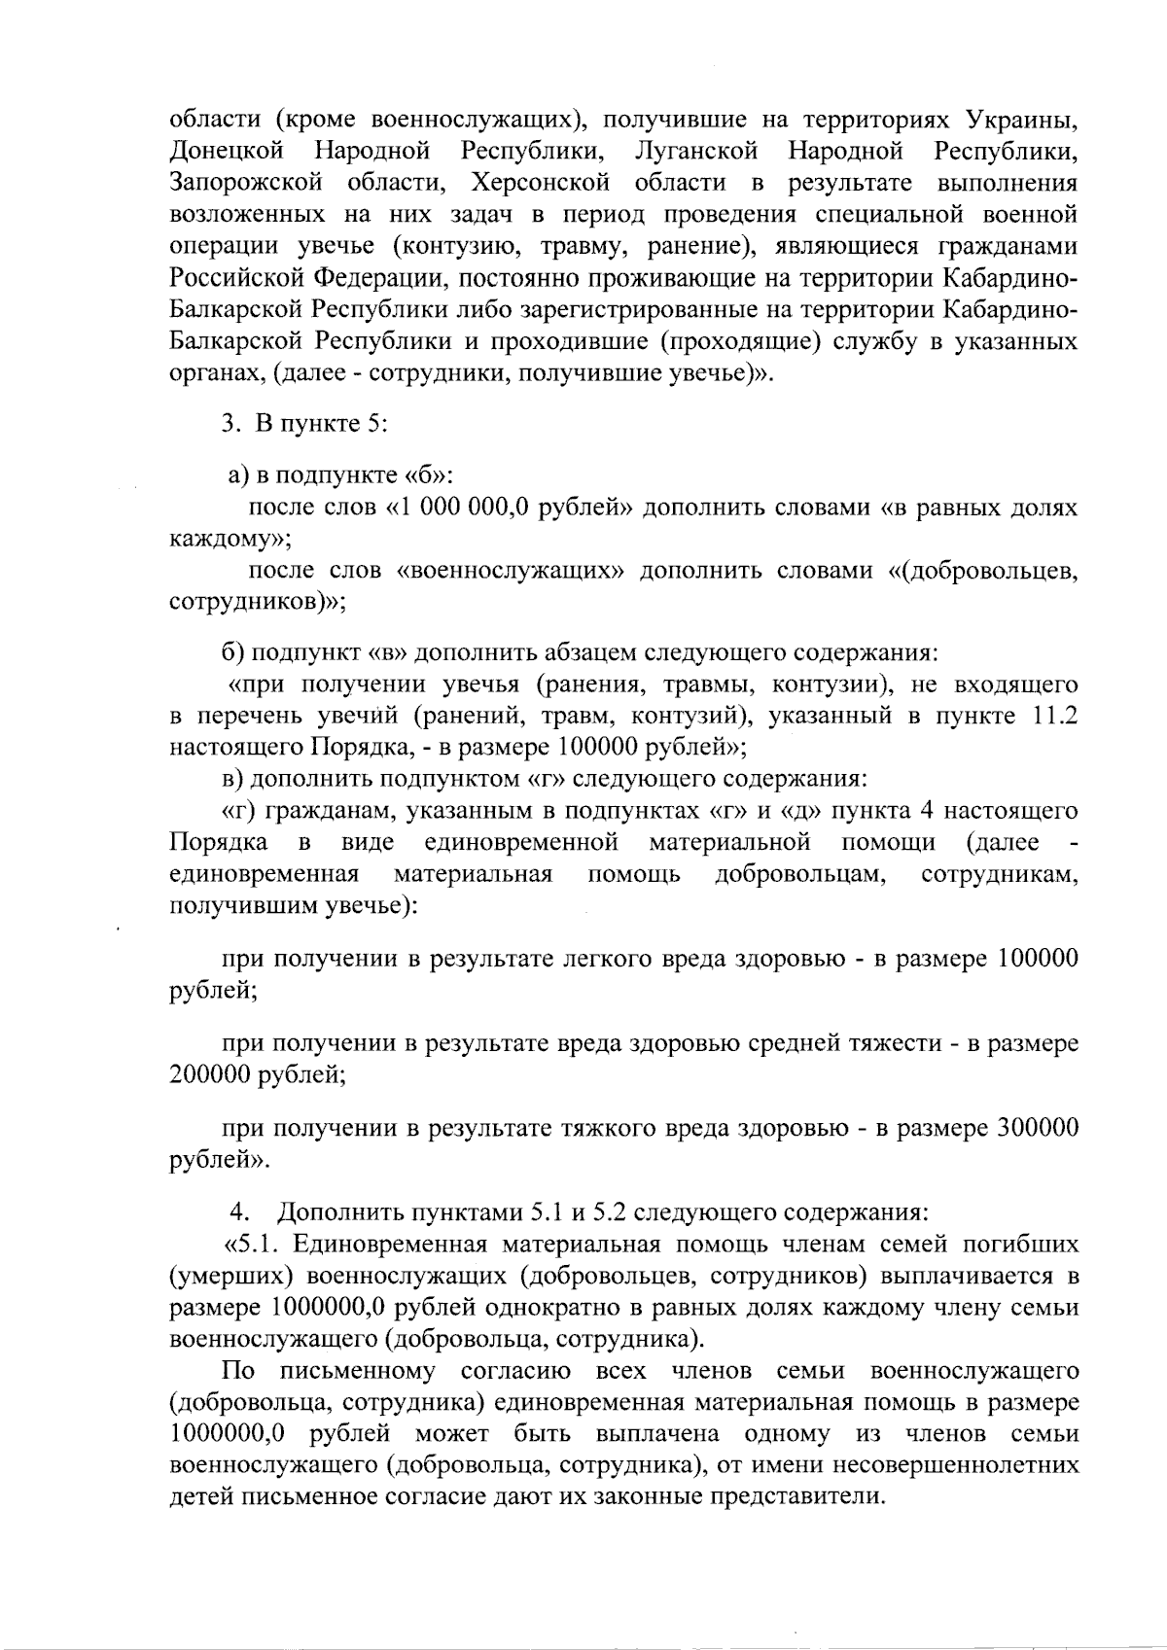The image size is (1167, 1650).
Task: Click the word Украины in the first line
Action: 1022,120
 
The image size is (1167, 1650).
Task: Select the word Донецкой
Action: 226,152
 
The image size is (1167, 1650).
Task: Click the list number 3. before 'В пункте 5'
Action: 230,424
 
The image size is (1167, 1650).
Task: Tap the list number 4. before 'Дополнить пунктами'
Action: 240,1213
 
